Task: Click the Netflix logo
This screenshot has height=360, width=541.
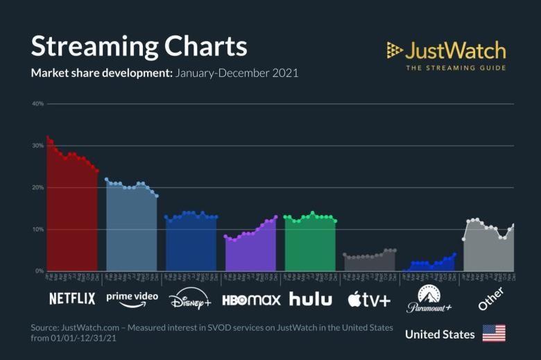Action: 72,299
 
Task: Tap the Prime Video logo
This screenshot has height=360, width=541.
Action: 132,298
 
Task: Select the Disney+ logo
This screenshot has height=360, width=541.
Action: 190,300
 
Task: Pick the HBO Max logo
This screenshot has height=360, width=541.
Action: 251,300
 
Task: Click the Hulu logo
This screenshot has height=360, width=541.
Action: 311,299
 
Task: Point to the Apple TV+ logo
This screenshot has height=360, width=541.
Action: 369,299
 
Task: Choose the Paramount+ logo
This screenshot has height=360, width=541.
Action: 429,299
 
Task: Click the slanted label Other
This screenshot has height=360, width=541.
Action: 490,298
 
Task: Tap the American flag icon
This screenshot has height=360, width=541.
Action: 494,334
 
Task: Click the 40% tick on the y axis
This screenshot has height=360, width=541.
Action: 37,104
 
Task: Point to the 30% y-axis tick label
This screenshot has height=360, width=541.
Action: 37,146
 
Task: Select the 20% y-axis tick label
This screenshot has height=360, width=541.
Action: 37,187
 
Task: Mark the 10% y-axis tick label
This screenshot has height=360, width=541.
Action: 37,229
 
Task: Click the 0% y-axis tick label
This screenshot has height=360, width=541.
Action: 39,271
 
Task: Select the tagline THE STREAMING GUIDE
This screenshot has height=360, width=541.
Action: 455,68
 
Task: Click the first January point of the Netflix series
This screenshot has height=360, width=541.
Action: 47,137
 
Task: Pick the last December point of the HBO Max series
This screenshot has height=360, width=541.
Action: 276,217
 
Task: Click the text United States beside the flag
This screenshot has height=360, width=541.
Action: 440,334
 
